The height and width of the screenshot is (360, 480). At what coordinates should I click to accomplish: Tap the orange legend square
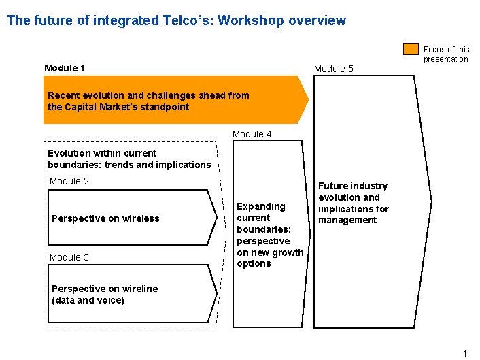411,49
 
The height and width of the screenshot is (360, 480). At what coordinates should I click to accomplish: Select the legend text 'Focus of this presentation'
446,54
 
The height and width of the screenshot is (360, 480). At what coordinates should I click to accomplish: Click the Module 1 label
65,68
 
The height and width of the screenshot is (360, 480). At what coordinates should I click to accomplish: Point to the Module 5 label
334,69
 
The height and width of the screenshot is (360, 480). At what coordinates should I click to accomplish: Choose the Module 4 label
252,134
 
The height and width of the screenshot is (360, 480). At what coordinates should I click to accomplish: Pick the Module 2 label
69,181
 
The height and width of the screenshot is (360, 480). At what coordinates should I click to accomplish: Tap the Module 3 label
69,257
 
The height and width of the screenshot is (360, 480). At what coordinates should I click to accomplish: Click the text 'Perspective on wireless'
105,218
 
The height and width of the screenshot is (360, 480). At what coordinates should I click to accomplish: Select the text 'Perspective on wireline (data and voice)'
105,294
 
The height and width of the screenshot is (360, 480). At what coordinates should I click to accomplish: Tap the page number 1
465,353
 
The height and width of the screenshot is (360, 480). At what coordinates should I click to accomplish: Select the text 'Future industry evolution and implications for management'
353,203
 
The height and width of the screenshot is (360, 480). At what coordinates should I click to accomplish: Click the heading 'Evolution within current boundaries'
129,159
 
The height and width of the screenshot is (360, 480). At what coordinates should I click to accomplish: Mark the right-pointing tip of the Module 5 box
430,201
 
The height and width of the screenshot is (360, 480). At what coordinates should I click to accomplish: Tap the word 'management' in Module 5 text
347,220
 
